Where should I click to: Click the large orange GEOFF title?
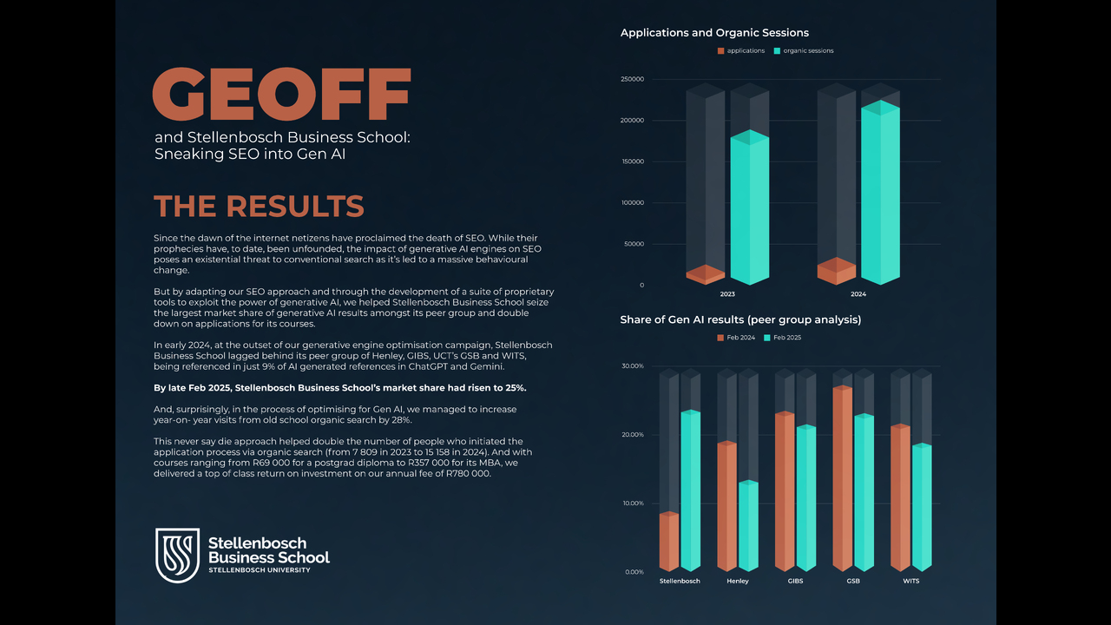point(282,94)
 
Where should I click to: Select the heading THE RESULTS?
point(259,206)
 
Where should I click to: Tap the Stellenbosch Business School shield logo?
point(178,555)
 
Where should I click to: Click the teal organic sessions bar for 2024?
point(880,193)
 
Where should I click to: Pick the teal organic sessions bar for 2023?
point(750,207)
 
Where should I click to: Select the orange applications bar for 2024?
point(836,271)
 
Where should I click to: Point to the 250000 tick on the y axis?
point(632,79)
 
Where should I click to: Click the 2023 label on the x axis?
point(727,294)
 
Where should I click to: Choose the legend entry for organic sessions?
point(804,50)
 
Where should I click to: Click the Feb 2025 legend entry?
point(783,338)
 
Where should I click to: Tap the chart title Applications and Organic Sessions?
point(714,33)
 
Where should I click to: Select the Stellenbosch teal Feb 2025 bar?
point(690,490)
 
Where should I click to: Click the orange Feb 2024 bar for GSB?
point(843,478)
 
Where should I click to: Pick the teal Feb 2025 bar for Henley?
point(748,526)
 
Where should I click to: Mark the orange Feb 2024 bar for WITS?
point(901,497)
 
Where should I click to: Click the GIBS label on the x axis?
point(795,581)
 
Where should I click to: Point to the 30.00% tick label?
point(633,366)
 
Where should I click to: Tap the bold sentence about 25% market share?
point(339,388)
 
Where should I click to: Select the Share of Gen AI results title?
point(740,320)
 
